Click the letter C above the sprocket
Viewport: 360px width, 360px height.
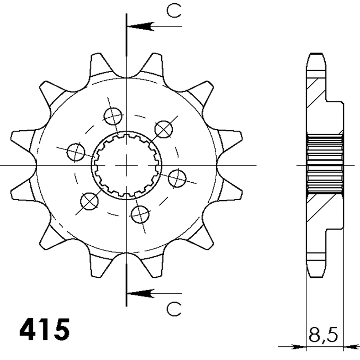pos(174,11)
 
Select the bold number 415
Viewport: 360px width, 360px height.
pos(45,328)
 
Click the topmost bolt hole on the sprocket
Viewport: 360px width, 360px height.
pos(112,116)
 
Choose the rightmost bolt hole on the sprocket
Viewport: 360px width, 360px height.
pos(176,178)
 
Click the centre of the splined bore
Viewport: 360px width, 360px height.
pos(126,164)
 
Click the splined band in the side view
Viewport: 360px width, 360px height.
pos(325,164)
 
